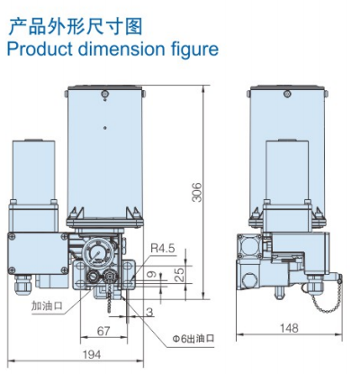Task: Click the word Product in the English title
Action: [x=39, y=47]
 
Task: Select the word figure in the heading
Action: [x=191, y=47]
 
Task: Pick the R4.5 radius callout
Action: [x=162, y=247]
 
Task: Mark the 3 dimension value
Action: [x=148, y=311]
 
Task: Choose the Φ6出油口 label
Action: [x=194, y=339]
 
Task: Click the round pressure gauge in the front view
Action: [x=94, y=252]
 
